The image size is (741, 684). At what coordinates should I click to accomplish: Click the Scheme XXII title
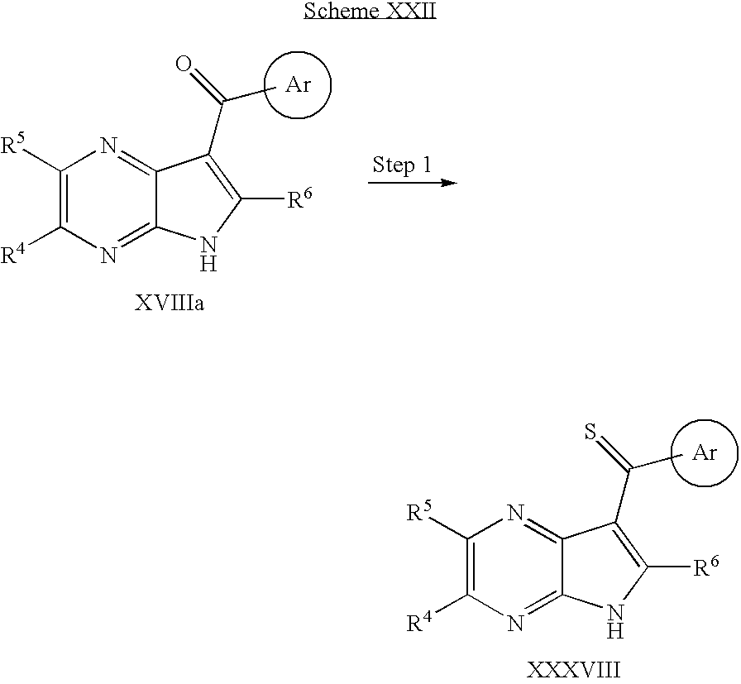coord(370,11)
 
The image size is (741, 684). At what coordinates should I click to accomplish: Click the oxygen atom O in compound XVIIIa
coord(184,65)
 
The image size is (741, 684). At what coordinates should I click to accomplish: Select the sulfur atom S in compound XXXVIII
coord(590,432)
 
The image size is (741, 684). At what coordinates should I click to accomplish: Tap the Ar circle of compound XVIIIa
coord(297,52)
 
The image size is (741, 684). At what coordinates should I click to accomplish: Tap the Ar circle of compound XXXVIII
coord(704,420)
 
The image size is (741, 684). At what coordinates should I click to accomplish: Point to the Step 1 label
coord(402,165)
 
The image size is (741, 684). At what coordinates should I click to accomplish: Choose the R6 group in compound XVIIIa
coord(300,199)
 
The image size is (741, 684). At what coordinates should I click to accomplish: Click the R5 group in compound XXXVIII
coord(419,512)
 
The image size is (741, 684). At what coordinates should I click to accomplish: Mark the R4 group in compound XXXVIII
coord(419,623)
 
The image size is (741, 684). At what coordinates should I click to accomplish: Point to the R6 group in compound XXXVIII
coord(706,567)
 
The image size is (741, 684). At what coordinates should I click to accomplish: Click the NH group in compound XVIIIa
coord(208,254)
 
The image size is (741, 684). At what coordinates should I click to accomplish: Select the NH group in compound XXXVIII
coord(615,622)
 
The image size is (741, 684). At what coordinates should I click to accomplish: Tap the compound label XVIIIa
coord(170,303)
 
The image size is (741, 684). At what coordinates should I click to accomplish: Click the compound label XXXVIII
coord(573,670)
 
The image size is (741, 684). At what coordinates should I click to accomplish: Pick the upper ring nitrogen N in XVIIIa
coord(108,146)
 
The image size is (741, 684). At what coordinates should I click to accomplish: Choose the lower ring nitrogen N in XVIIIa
coord(108,256)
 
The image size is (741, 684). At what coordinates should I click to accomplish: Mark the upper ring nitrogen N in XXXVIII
coord(515,514)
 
